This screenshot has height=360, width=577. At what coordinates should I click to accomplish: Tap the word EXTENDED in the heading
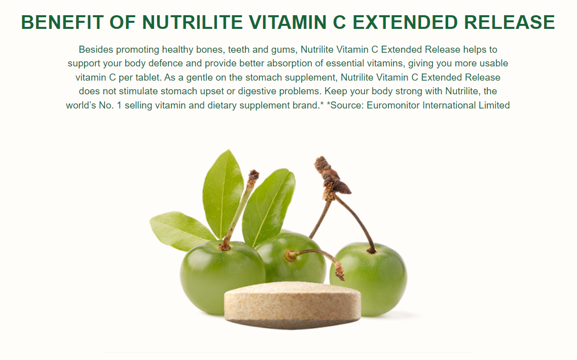405,22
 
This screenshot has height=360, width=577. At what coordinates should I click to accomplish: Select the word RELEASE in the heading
509,22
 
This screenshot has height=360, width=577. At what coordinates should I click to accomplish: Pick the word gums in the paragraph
283,50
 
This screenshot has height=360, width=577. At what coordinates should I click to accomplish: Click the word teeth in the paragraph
238,50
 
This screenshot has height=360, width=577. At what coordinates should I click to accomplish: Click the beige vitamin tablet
293,305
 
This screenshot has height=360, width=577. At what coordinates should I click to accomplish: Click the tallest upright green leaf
223,193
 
